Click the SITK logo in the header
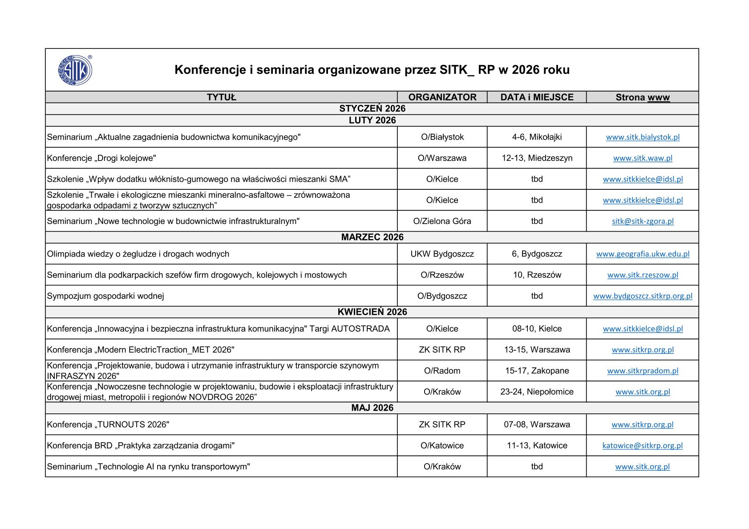click(75, 70)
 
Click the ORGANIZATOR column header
click(442, 97)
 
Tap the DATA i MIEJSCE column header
click(537, 97)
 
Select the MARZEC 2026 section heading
click(372, 237)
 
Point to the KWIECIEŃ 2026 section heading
click(372, 312)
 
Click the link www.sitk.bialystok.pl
click(643, 137)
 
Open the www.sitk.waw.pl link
click(643, 158)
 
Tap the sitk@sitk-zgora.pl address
click(643, 221)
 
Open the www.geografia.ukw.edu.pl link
click(643, 254)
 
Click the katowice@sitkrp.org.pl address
click(642, 446)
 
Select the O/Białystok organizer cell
click(442, 137)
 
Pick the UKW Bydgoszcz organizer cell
click(442, 254)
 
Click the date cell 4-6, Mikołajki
click(537, 137)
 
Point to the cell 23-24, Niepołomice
click(537, 392)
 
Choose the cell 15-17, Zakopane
click(537, 371)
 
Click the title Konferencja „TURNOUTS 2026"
click(108, 425)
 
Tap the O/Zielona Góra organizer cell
click(442, 221)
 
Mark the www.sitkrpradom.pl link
click(643, 371)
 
